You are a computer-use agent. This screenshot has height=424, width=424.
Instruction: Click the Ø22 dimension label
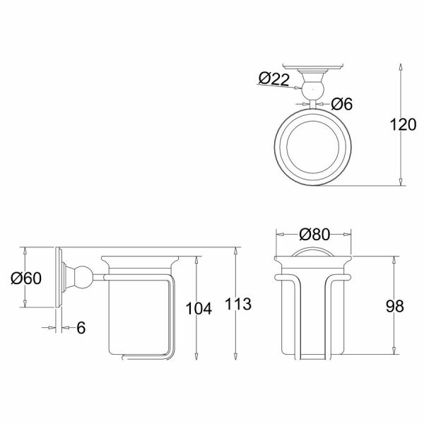pos(274,79)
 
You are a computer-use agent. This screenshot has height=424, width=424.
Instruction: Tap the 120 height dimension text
pos(403,124)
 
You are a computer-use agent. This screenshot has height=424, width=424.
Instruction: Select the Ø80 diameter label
pos(314,234)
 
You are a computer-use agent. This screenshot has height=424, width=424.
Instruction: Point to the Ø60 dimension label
pos(26,278)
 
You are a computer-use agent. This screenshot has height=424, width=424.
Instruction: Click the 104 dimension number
pos(199,309)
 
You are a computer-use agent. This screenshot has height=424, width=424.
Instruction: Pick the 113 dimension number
pos(238,304)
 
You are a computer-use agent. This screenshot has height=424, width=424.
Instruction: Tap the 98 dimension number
pos(395,307)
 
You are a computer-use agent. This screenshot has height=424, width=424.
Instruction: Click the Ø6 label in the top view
pos(342,104)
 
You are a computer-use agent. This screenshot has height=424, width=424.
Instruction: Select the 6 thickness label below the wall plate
pos(81,328)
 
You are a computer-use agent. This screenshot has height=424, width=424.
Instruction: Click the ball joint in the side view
pos(84,278)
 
